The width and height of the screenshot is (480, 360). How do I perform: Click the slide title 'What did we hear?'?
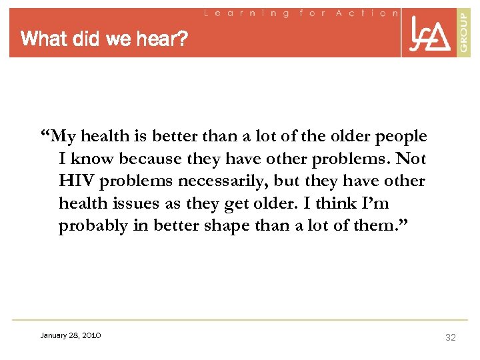104,40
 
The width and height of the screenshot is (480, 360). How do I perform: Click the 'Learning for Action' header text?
300,13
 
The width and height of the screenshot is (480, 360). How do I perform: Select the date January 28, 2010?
71,335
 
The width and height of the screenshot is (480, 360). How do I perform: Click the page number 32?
451,337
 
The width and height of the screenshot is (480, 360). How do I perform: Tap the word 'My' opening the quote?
63,137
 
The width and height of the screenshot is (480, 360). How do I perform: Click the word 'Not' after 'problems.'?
412,159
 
